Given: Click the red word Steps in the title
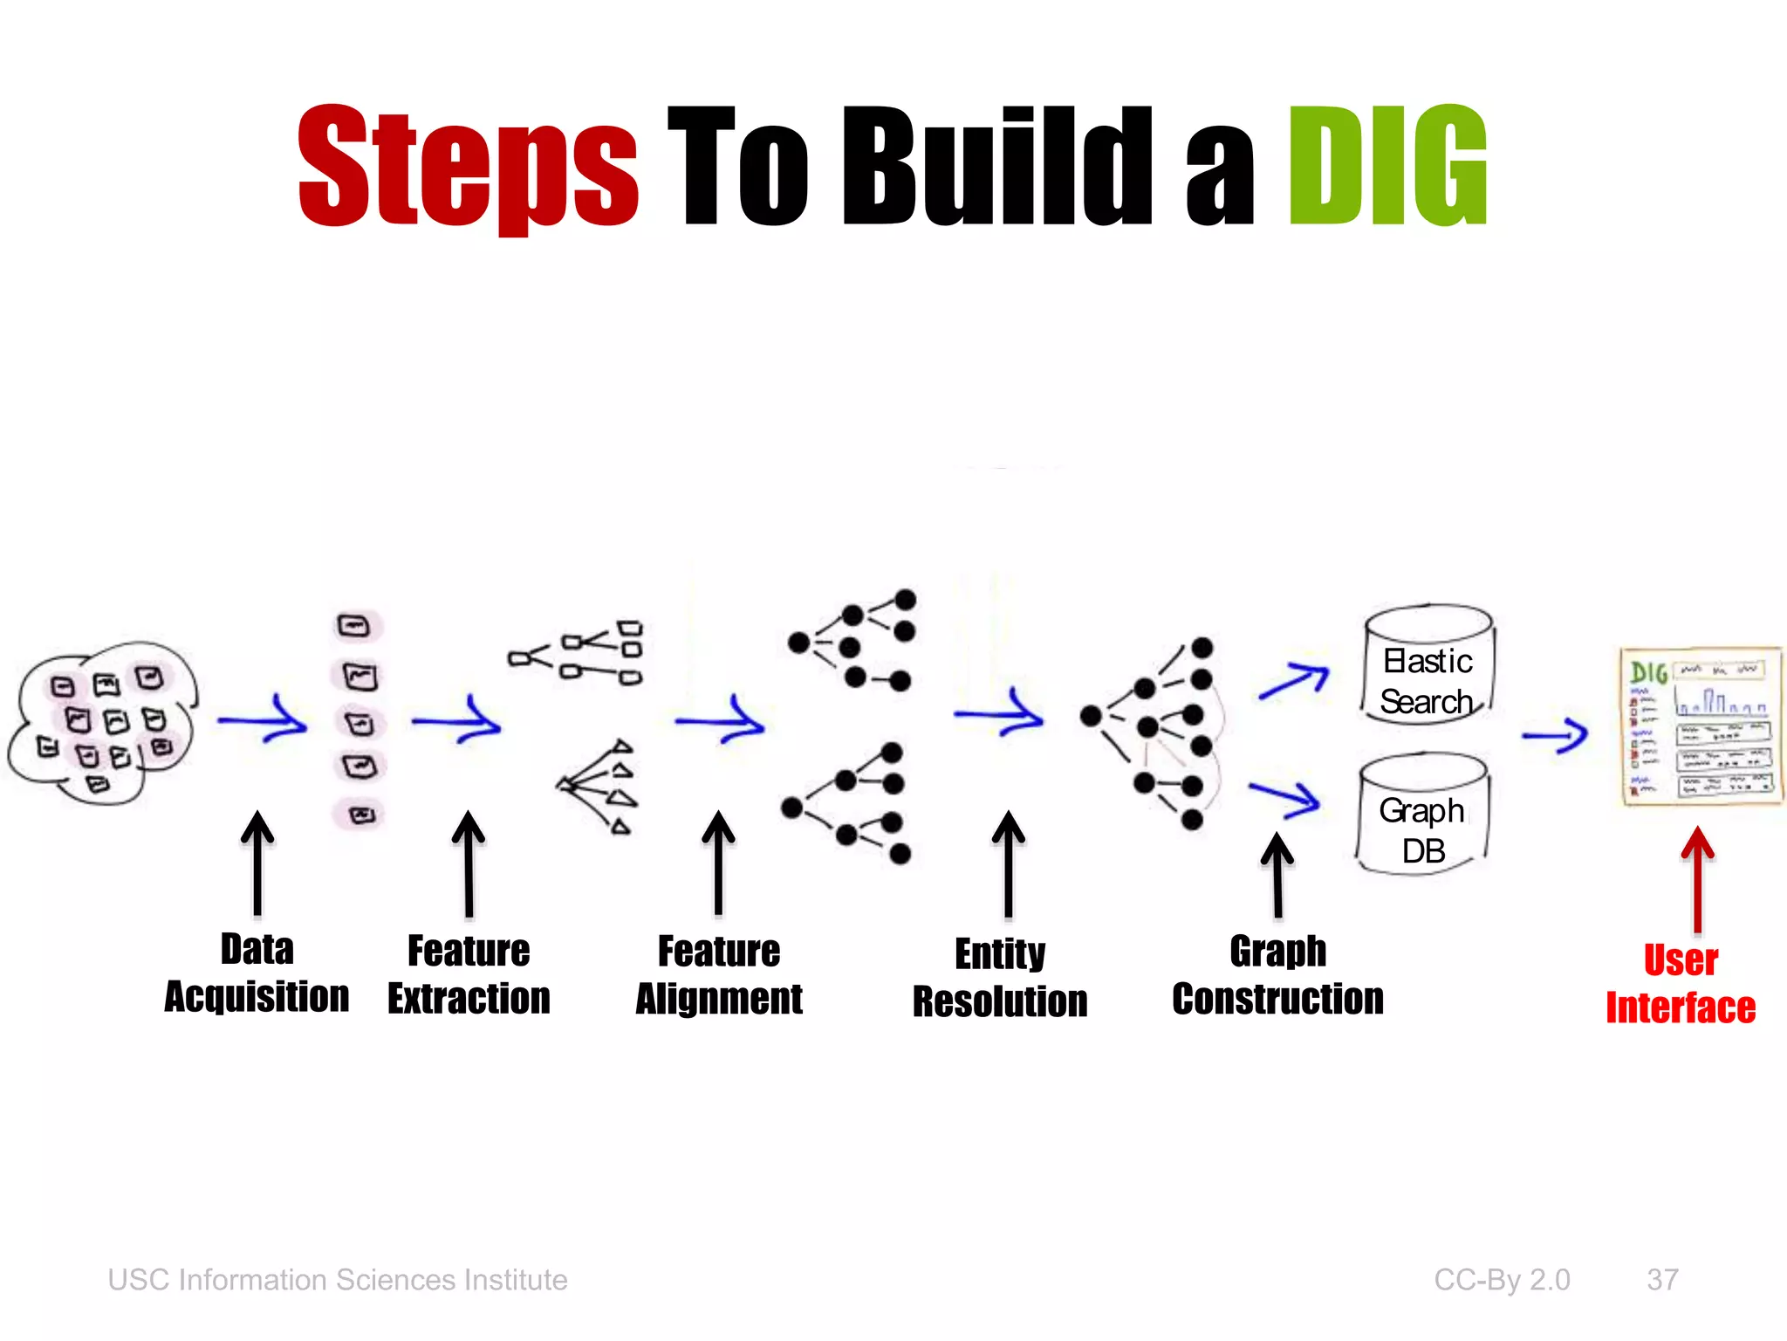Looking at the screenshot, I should click(x=468, y=166).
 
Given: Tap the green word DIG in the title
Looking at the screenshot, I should click(x=1387, y=166).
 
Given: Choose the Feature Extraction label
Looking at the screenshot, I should click(x=469, y=974).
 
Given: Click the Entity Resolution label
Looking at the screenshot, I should click(x=1000, y=978).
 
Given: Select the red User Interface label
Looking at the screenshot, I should click(x=1681, y=984).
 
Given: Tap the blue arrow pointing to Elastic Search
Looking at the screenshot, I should click(x=1293, y=681).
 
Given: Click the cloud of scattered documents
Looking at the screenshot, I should click(x=103, y=723).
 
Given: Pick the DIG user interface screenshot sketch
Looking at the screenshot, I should click(x=1699, y=726).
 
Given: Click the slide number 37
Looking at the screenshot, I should click(x=1662, y=1280).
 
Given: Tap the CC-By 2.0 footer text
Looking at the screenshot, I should click(x=1502, y=1280).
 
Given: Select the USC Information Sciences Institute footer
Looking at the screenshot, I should click(x=338, y=1280).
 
